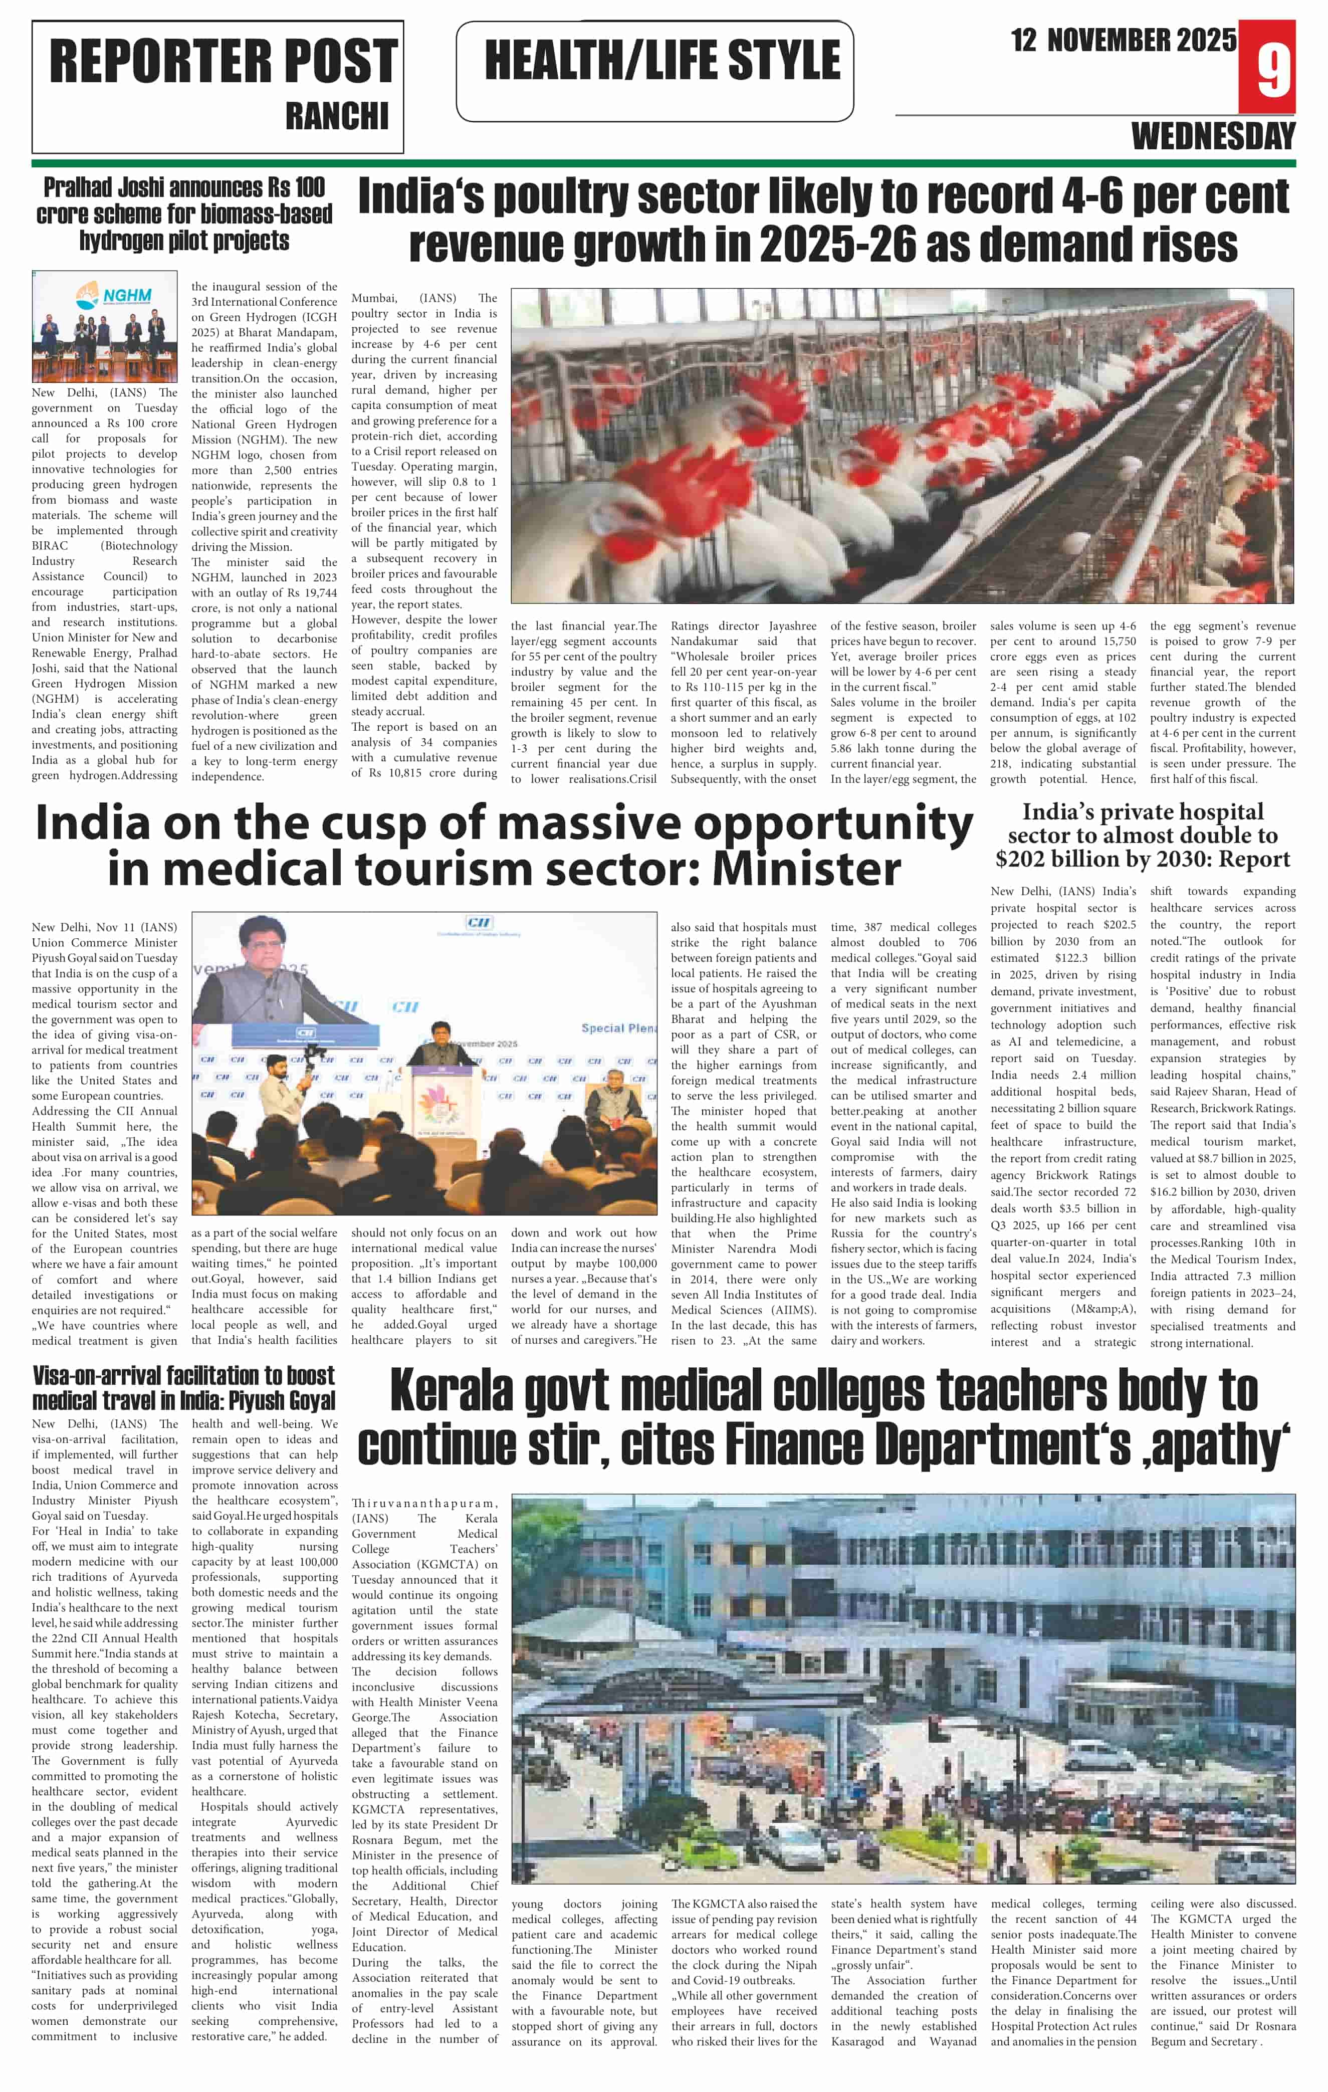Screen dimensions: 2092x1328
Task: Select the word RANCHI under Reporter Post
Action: tap(337, 116)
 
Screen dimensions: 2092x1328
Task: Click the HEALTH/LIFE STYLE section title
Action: tap(662, 61)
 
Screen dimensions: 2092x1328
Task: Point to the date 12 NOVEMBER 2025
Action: tap(1123, 40)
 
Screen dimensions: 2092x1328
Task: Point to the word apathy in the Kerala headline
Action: tap(1215, 1445)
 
